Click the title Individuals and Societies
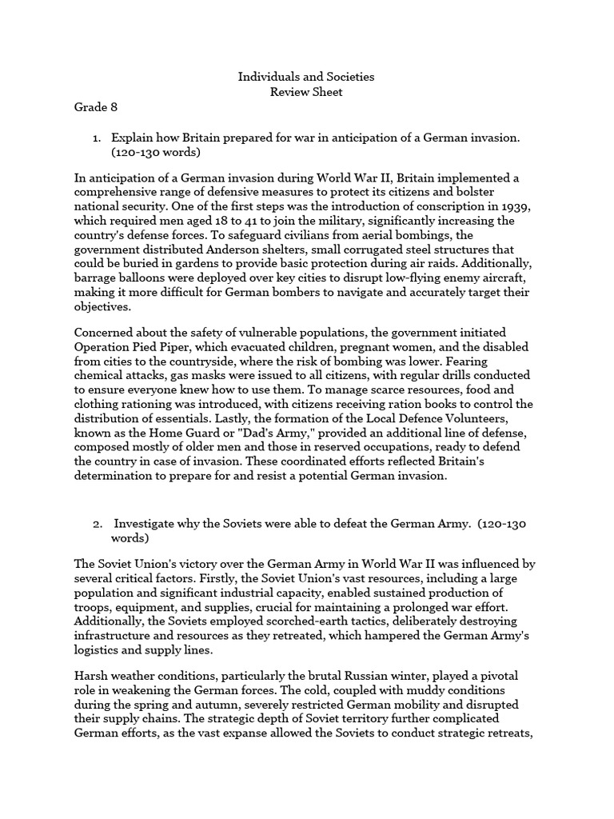click(306, 78)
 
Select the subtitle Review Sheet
click(306, 92)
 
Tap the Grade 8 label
click(96, 107)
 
